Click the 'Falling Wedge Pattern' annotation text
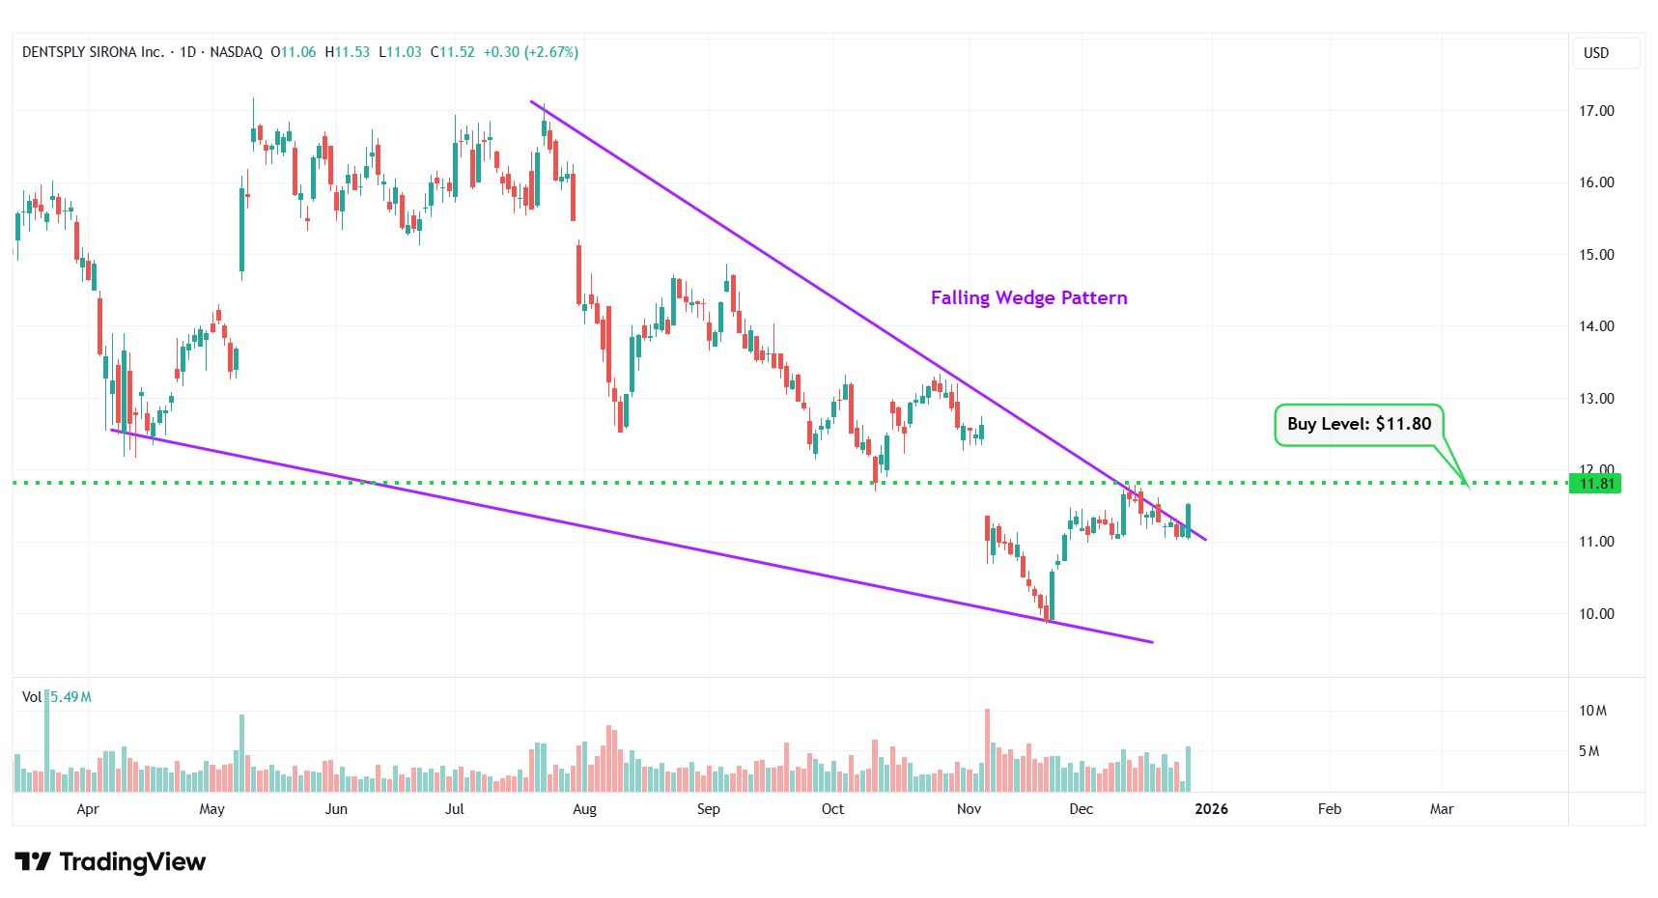(1028, 297)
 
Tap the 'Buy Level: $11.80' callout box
(1359, 425)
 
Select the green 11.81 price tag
(1596, 484)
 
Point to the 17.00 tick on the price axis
(1596, 111)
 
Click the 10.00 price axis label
(1596, 614)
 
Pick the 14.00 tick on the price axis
(1596, 326)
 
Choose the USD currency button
(1596, 53)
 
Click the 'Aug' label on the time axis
(584, 809)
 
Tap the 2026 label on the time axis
(1211, 809)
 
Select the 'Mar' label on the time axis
(1441, 809)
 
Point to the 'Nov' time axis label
(969, 809)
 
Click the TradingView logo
(110, 861)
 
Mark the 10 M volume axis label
(1592, 711)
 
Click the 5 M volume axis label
(1588, 751)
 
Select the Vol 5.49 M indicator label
(57, 697)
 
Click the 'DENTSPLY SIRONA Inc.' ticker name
(93, 52)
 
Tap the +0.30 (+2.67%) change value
(530, 52)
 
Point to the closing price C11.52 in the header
(453, 52)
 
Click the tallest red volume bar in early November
(987, 751)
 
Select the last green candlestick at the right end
(1188, 521)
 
